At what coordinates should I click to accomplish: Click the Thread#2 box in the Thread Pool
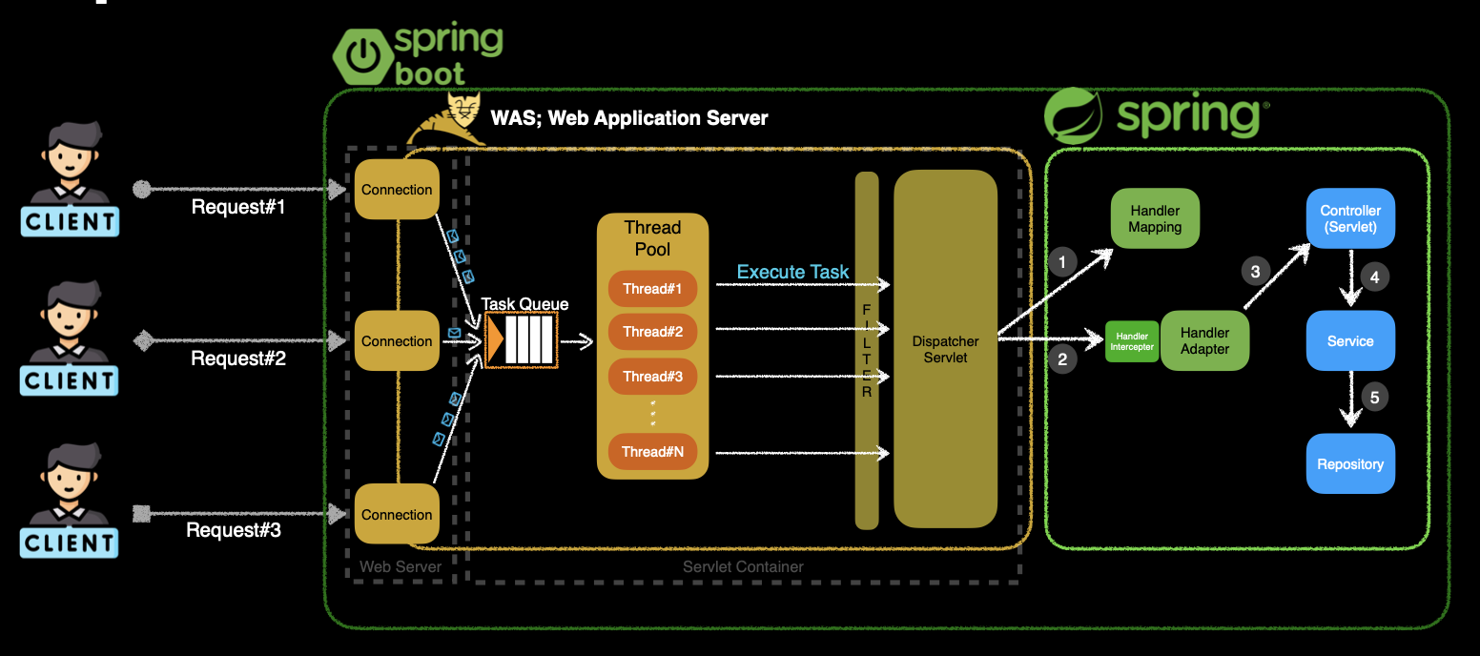click(x=653, y=332)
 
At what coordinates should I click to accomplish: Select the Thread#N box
click(x=653, y=452)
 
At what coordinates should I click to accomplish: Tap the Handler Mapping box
click(x=1155, y=219)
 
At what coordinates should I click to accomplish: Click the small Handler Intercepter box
click(x=1132, y=341)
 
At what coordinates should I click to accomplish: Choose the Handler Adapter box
click(x=1204, y=340)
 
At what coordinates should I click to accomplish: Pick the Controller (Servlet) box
click(x=1350, y=218)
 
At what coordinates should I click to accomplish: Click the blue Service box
click(x=1350, y=340)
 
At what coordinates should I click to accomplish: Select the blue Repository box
click(x=1350, y=464)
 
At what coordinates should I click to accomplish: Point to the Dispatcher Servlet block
click(x=945, y=349)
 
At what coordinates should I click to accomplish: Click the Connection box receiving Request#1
click(x=397, y=190)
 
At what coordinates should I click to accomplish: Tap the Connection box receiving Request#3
click(x=397, y=515)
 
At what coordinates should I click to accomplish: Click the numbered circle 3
click(x=1255, y=272)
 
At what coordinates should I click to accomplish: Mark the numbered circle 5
click(x=1374, y=398)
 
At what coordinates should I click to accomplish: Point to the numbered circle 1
click(x=1061, y=261)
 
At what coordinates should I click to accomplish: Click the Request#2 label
click(x=238, y=359)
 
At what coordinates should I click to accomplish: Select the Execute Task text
click(x=792, y=273)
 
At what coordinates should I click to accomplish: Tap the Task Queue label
click(x=524, y=304)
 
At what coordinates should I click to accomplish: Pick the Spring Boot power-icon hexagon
click(x=360, y=57)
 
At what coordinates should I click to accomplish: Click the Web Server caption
click(x=401, y=567)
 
